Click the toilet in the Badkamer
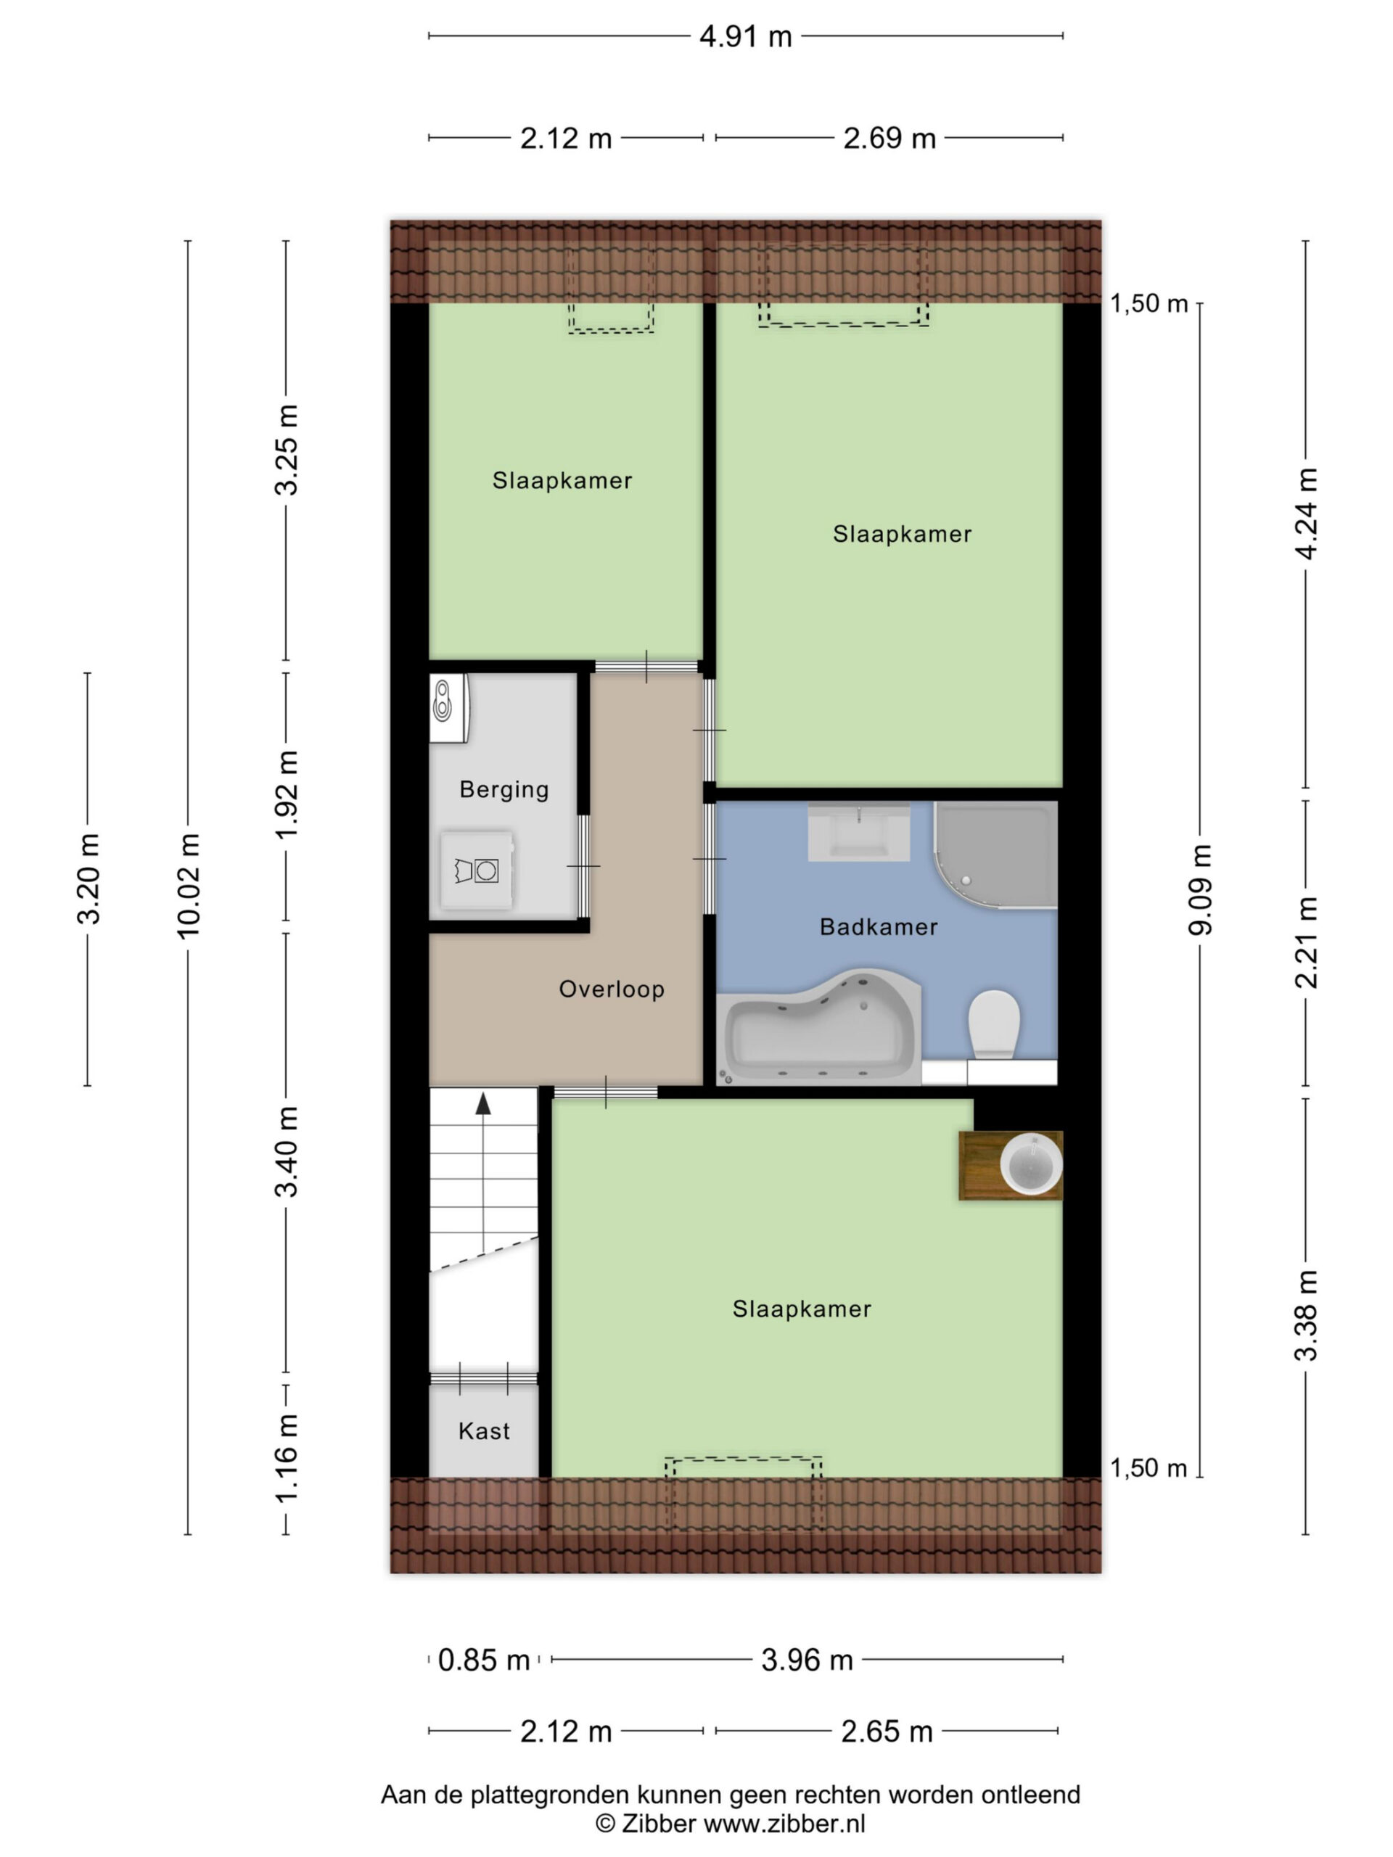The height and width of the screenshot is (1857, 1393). tap(993, 1024)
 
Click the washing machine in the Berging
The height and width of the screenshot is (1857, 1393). tap(477, 870)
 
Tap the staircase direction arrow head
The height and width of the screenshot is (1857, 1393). tap(482, 1103)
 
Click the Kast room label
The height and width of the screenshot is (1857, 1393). tap(485, 1430)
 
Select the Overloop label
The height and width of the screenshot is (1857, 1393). tap(612, 989)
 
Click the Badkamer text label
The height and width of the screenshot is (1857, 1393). tap(879, 927)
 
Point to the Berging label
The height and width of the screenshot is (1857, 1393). tap(504, 789)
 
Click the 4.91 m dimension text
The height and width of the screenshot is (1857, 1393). tap(746, 37)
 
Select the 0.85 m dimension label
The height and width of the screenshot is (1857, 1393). tap(484, 1660)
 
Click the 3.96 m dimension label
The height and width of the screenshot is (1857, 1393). tap(807, 1660)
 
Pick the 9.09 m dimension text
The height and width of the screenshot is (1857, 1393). tap(1201, 890)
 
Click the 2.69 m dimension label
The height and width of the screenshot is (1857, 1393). tap(889, 139)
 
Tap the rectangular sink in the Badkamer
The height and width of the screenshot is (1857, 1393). tap(859, 832)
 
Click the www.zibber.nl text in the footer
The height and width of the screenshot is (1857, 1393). tap(784, 1824)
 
